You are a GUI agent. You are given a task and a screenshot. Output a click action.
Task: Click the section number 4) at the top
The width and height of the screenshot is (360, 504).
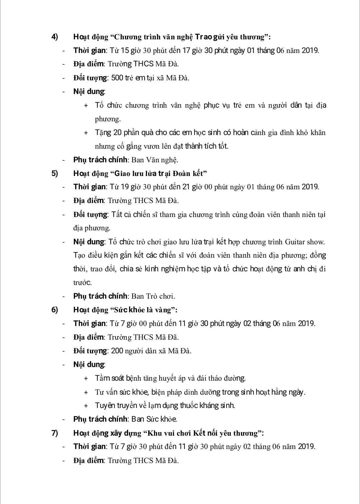(x=55, y=37)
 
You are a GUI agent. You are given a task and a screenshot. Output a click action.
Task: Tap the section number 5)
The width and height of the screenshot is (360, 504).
(x=55, y=173)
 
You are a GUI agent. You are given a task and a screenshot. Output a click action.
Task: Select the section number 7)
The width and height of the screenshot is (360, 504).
(x=55, y=433)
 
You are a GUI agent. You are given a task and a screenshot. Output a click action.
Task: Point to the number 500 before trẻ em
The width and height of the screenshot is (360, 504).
(x=117, y=78)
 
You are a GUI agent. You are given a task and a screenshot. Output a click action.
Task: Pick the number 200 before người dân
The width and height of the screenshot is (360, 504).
(x=117, y=351)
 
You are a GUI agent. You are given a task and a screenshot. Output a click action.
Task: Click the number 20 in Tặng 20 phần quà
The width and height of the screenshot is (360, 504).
(x=117, y=132)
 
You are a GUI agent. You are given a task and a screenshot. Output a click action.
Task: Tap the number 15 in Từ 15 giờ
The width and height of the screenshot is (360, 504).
(x=125, y=50)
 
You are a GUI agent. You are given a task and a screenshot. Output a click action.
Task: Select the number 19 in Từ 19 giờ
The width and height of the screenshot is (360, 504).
(x=125, y=187)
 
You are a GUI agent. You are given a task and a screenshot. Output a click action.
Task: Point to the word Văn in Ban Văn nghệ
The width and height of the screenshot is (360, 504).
(x=153, y=160)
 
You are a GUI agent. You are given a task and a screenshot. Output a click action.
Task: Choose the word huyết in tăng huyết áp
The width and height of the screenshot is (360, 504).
(x=168, y=378)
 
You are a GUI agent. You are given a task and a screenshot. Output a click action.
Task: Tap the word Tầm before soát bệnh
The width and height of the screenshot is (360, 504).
(x=102, y=378)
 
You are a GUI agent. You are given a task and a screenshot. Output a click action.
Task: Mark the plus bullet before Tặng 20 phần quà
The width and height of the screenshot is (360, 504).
(x=86, y=133)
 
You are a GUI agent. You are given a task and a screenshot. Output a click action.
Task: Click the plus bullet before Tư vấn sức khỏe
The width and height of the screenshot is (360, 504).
(x=86, y=392)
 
